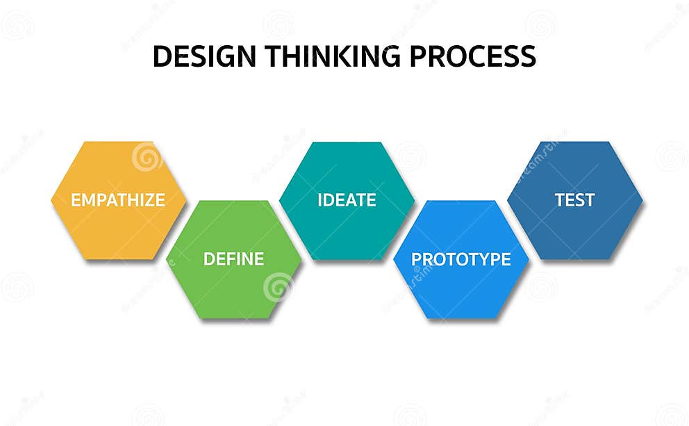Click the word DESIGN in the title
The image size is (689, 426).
pyautogui.click(x=194, y=56)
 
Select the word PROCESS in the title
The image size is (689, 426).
pyautogui.click(x=472, y=56)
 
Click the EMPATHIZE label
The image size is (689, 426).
pyautogui.click(x=118, y=200)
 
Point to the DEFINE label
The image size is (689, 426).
pyautogui.click(x=233, y=259)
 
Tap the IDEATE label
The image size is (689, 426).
pyautogui.click(x=347, y=200)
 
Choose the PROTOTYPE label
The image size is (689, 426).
pyautogui.click(x=461, y=259)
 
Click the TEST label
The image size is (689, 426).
pyautogui.click(x=574, y=200)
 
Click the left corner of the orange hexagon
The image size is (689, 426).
pyautogui.click(x=52, y=200)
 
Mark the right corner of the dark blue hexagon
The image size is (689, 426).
pyautogui.click(x=642, y=200)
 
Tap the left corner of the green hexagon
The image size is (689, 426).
pyautogui.click(x=167, y=259)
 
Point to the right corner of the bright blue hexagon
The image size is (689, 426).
pyautogui.click(x=528, y=259)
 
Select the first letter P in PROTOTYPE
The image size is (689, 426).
pyautogui.click(x=417, y=259)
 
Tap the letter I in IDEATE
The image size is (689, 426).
pyautogui.click(x=320, y=200)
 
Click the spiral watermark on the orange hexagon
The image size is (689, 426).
pyautogui.click(x=147, y=157)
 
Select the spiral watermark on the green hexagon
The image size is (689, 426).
pyautogui.click(x=278, y=286)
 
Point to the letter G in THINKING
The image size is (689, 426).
pyautogui.click(x=394, y=56)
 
